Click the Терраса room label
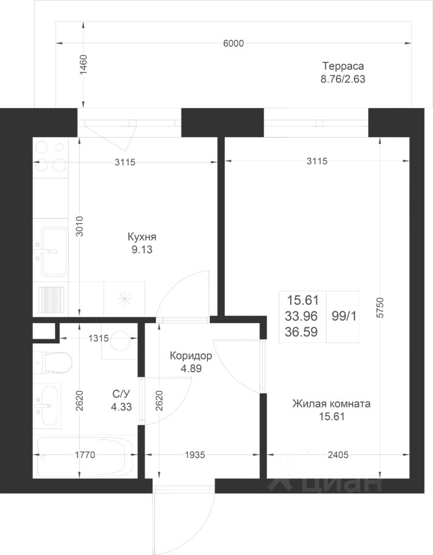tap(343, 66)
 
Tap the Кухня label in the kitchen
tap(142, 237)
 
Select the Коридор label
tap(191, 356)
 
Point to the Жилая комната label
tap(331, 404)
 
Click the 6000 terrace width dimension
tap(234, 43)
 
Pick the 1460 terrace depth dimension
tap(84, 64)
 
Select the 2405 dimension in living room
tap(338, 454)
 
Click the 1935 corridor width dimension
tap(195, 454)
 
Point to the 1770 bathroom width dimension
tap(85, 454)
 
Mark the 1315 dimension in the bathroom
tap(98, 338)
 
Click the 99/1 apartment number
tap(344, 316)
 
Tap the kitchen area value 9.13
tap(142, 250)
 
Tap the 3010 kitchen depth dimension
tap(80, 226)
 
